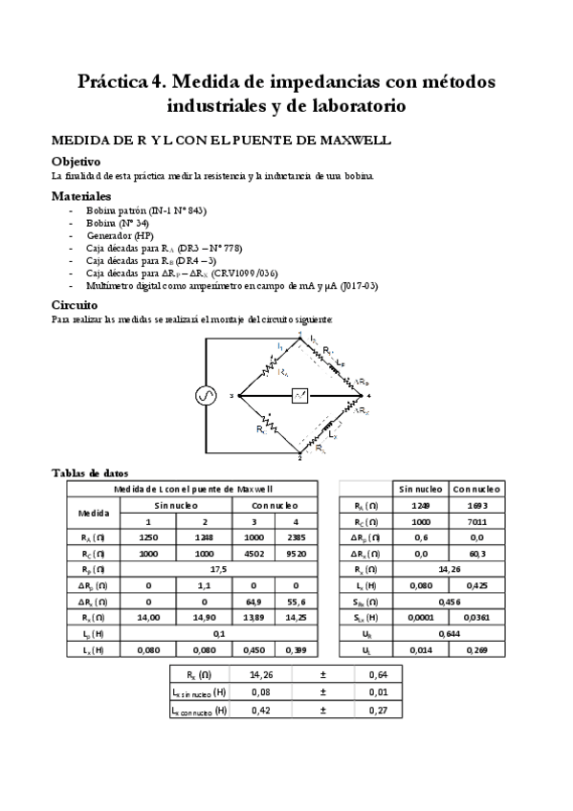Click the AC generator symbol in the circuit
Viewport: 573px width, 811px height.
click(x=206, y=395)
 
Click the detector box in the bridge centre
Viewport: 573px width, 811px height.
click(x=300, y=396)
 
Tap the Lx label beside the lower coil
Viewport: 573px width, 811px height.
click(x=331, y=432)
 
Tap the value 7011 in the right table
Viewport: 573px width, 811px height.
click(x=479, y=522)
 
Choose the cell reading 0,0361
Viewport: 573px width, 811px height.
click(x=479, y=617)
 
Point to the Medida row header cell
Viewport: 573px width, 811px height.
click(x=92, y=514)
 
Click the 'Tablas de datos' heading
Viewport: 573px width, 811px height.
click(x=89, y=472)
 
